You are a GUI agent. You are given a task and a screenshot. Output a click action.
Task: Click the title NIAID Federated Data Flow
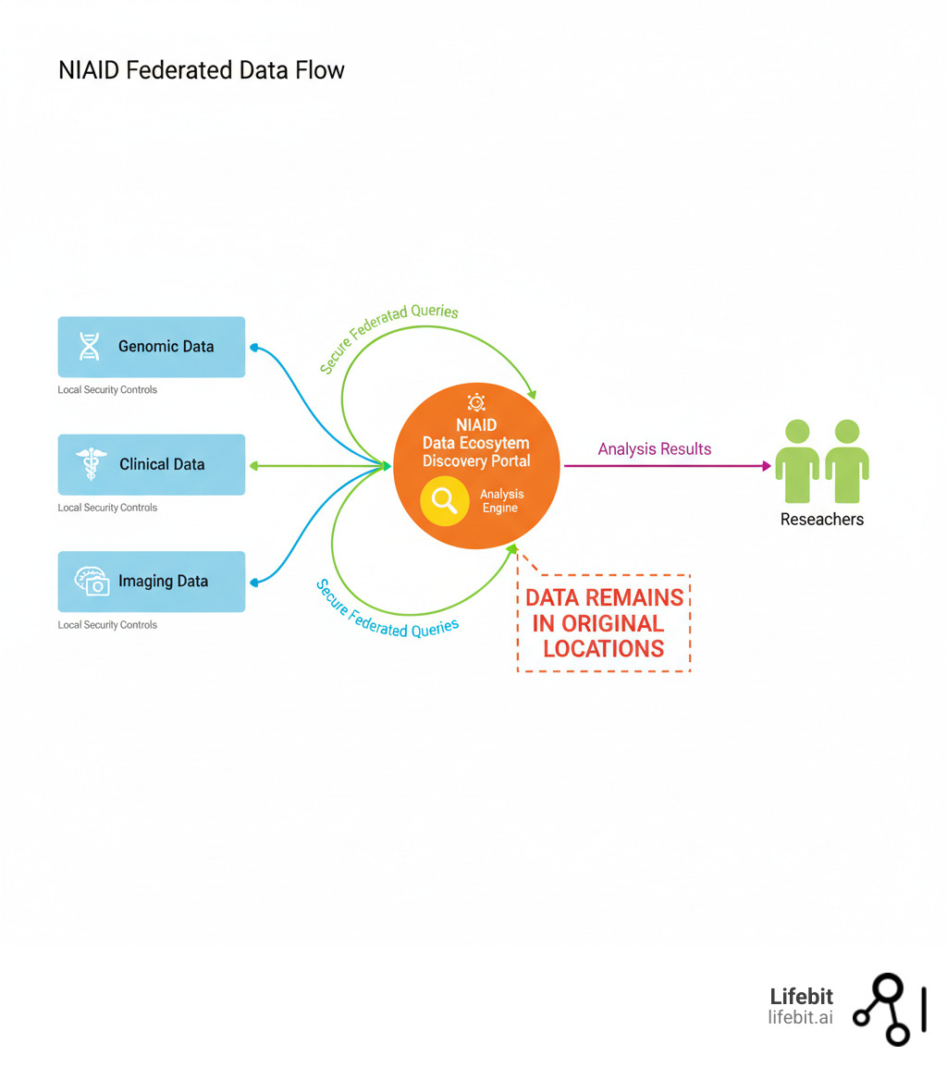201,70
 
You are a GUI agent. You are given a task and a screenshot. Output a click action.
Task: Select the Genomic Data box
152,347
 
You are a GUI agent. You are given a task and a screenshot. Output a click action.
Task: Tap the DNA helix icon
90,347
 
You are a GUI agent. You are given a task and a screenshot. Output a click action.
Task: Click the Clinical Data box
152,464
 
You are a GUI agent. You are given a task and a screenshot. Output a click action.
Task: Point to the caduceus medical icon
91,464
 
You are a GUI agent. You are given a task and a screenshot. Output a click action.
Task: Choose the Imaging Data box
152,582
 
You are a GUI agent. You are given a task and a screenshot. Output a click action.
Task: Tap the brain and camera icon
92,582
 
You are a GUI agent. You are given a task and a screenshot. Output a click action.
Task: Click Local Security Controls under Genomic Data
107,390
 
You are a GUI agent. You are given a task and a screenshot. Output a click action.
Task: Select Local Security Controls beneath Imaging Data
107,625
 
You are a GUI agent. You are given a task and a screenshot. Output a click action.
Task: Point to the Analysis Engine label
501,501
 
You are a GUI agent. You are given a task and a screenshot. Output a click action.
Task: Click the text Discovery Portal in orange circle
476,460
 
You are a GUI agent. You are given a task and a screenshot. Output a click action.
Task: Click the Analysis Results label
655,449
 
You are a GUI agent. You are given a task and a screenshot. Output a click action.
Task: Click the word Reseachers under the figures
821,520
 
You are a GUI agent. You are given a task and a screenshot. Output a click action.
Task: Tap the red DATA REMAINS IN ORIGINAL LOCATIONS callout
604,622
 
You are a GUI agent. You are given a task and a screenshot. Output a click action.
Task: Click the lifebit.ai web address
800,1017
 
